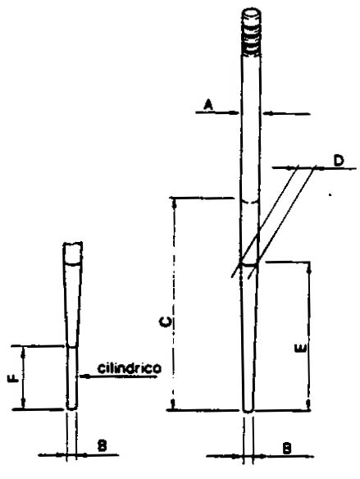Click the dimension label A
coord(208,105)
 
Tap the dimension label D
coord(339,161)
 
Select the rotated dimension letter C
coord(165,322)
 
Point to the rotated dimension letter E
coord(300,349)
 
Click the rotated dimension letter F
coord(13,379)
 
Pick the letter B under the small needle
coord(102,445)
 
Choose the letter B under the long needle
coord(286,449)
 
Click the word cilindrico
coord(130,368)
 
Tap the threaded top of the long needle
coord(251,32)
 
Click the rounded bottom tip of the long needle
coord(248,410)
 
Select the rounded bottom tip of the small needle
coord(72,407)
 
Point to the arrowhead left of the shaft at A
coord(235,112)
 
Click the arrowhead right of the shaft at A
coord(267,114)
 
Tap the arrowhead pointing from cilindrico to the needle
coord(85,376)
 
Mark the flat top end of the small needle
coord(73,244)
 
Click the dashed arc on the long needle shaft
coord(250,202)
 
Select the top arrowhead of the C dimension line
coord(175,204)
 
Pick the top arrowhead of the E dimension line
coord(309,268)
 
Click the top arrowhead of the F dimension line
coord(23,353)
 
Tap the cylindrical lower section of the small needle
coord(72,377)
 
